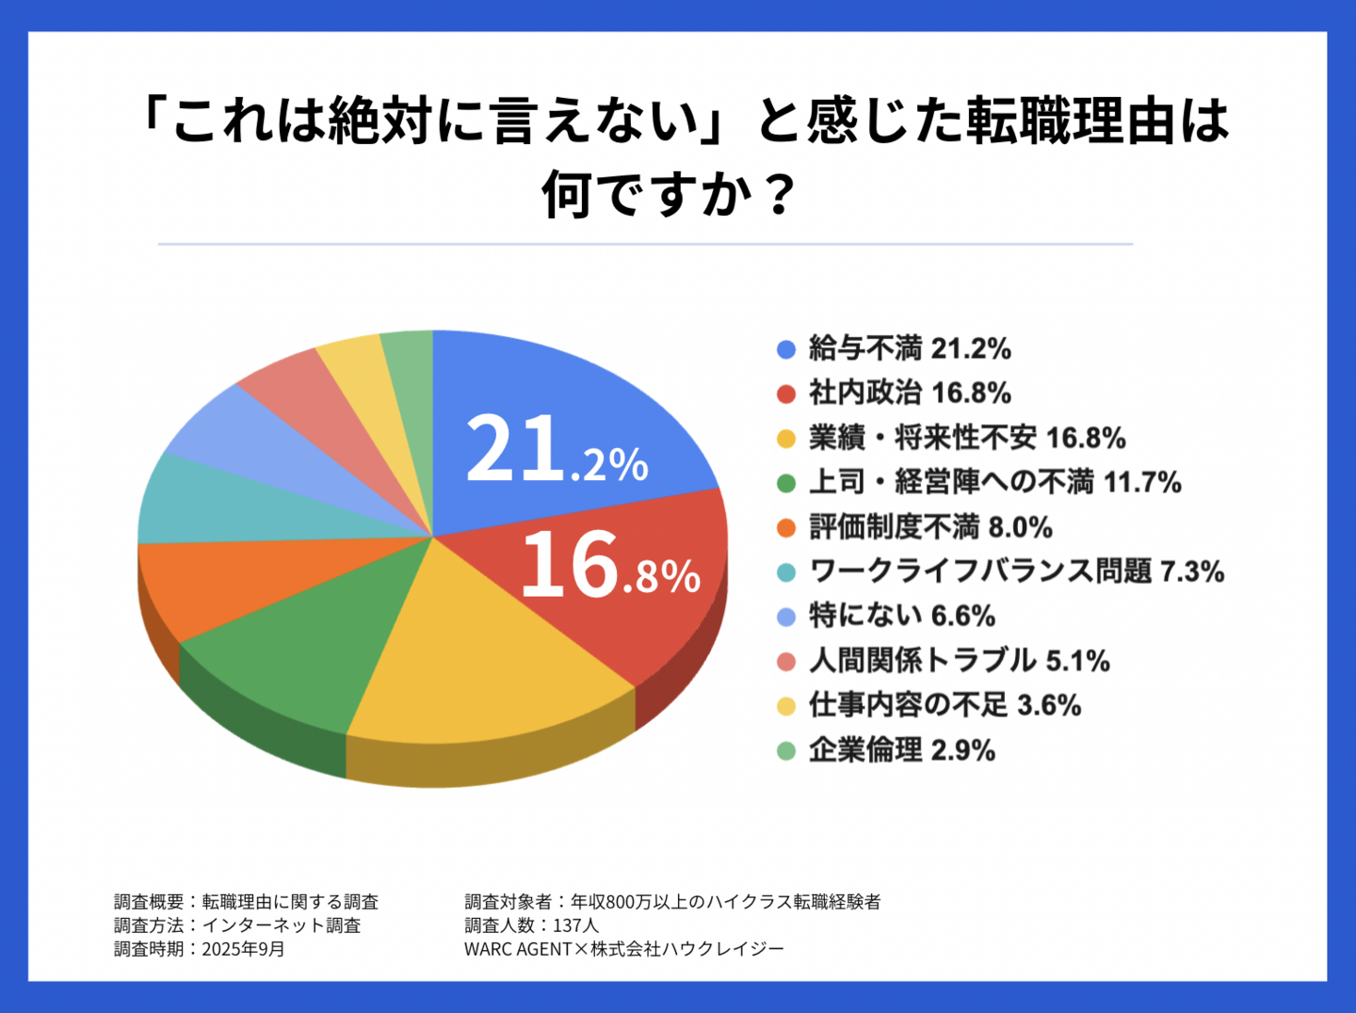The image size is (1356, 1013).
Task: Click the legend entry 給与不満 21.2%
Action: click(x=910, y=349)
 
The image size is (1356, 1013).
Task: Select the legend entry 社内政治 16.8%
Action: click(x=910, y=394)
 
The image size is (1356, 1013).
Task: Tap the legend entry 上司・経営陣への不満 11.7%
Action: click(x=994, y=483)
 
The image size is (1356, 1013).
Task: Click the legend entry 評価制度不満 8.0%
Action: click(x=930, y=527)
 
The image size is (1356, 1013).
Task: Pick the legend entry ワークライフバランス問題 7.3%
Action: click(x=1016, y=571)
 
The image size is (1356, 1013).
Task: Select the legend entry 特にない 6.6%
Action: click(x=902, y=617)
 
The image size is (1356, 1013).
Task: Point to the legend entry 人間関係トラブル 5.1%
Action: click(x=959, y=661)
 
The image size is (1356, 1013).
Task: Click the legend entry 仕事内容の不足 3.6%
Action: click(x=944, y=705)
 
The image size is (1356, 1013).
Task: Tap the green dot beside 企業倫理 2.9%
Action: click(x=786, y=750)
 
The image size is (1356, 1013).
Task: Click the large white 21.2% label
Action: click(x=557, y=451)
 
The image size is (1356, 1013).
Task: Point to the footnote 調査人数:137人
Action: click(x=531, y=925)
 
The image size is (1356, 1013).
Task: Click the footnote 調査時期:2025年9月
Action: click(x=200, y=949)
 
